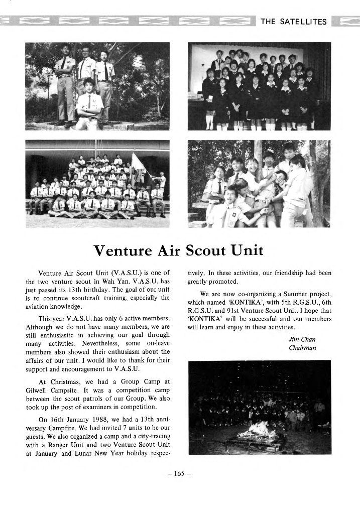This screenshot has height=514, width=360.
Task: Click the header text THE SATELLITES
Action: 293,22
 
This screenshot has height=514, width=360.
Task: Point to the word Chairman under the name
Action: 302,348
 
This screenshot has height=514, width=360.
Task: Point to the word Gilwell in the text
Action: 39,390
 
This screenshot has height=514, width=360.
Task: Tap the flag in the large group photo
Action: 137,164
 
